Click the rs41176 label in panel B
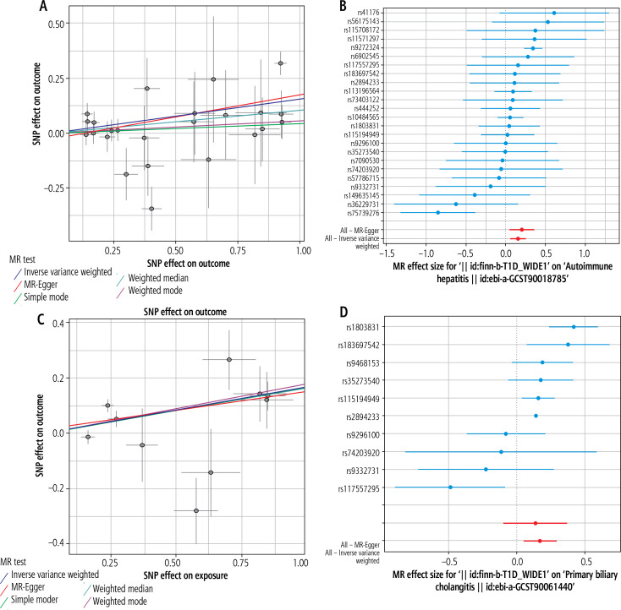pyautogui.click(x=360, y=13)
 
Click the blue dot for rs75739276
pyautogui.click(x=437, y=212)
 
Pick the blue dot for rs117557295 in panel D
pyautogui.click(x=450, y=487)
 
